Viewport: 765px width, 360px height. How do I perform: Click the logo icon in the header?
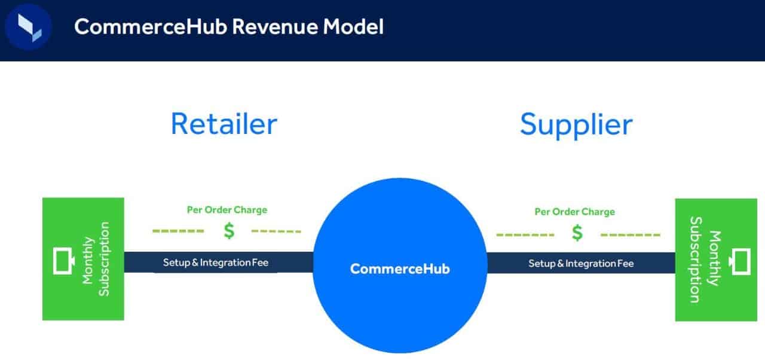[28, 28]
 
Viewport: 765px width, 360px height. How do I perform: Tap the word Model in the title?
[356, 26]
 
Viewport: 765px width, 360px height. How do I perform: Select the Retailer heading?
[224, 124]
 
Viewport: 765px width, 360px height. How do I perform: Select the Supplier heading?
[576, 124]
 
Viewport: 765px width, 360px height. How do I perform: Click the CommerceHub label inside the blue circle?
[400, 269]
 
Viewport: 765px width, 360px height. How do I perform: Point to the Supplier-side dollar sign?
[577, 233]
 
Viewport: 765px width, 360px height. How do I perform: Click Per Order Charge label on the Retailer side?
[227, 210]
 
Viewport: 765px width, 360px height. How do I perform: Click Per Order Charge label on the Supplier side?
[574, 212]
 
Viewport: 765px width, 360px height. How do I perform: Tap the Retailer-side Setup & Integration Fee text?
[216, 263]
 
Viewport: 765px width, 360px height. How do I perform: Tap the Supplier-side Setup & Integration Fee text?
[581, 263]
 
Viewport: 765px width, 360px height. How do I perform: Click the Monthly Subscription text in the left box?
[96, 259]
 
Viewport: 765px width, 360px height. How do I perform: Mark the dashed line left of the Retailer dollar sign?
[178, 231]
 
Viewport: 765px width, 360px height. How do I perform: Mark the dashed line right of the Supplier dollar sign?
[631, 234]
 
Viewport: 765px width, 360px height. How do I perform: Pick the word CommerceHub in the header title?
[149, 26]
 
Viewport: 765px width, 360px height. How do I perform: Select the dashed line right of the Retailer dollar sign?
[276, 231]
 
